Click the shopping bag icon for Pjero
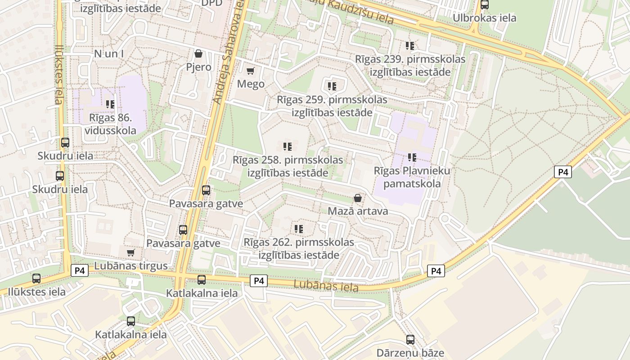tap(198, 54)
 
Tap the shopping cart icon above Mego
tap(251, 71)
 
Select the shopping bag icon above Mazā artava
tap(358, 198)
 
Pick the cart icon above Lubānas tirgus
tap(131, 252)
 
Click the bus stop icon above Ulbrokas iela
tap(485, 5)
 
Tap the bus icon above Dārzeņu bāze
tap(410, 339)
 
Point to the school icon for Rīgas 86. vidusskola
tap(110, 104)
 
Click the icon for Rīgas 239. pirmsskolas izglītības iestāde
tap(410, 45)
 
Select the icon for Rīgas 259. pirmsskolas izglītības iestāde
tap(332, 86)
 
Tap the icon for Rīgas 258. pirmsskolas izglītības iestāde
tap(288, 146)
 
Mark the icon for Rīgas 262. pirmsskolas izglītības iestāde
tap(299, 229)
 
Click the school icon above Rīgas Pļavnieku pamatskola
tap(412, 157)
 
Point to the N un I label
tap(109, 54)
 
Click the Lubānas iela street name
tap(326, 286)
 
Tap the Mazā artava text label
tap(358, 211)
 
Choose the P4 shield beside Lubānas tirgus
tap(80, 270)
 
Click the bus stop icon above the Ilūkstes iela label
tap(36, 279)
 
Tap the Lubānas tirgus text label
tap(131, 266)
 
